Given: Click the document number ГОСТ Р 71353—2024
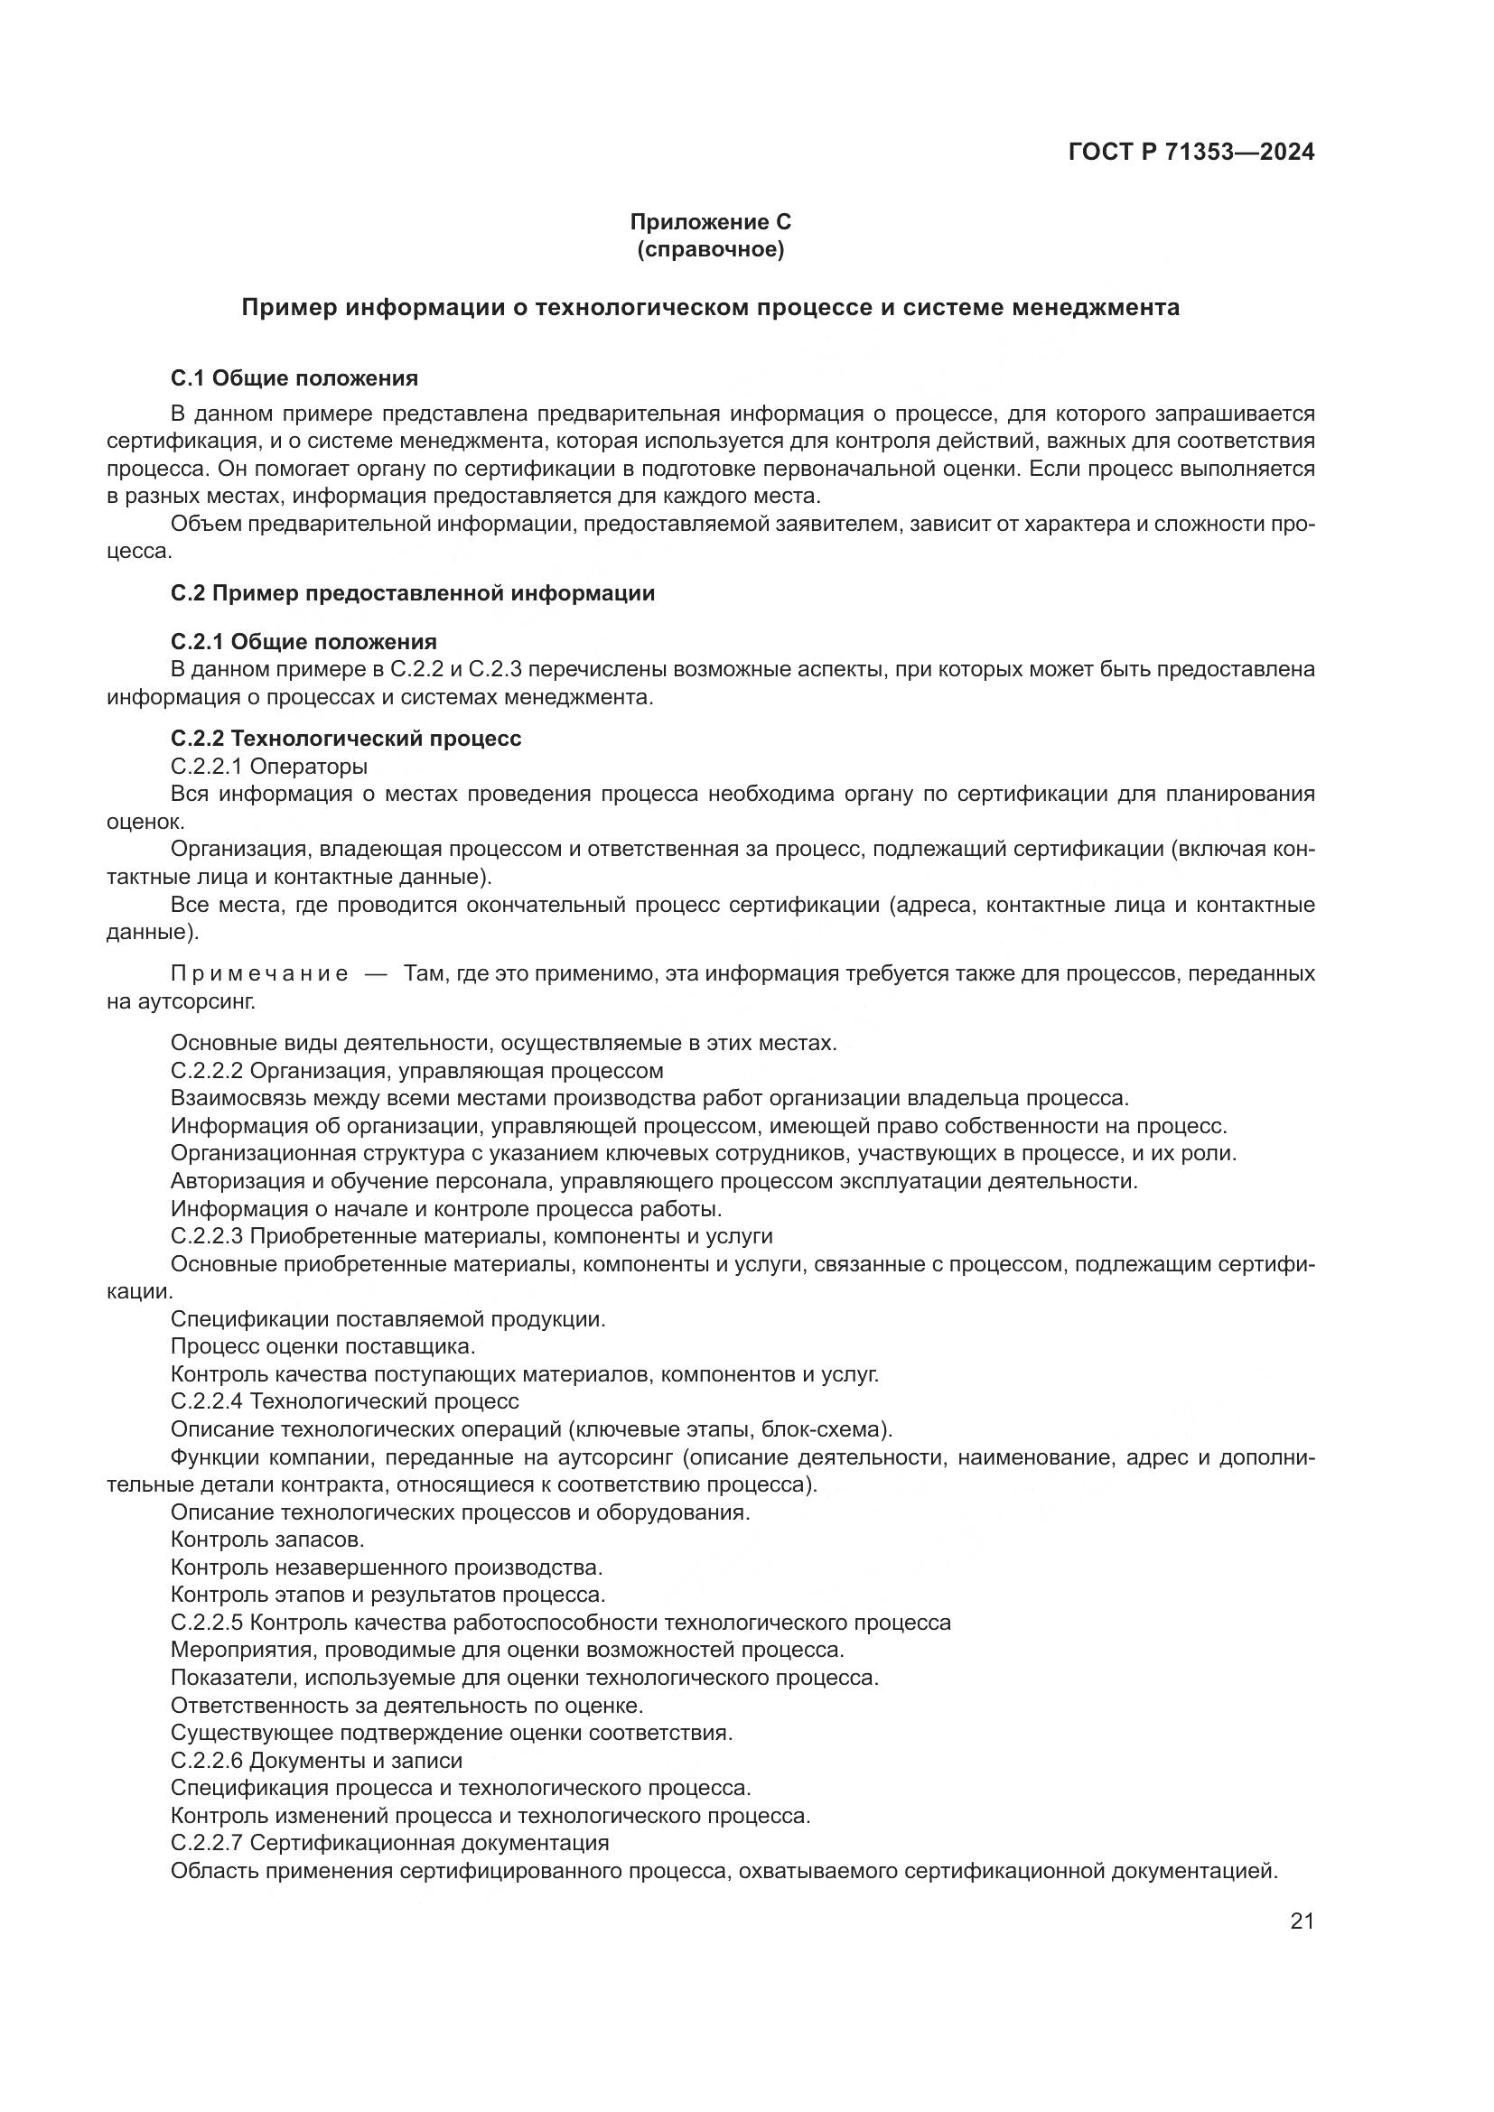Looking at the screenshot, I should pos(1191,152).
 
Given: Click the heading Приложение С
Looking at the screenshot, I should pos(710,222).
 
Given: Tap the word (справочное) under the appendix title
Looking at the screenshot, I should pos(710,249).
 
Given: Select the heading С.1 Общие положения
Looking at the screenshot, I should pos(294,378).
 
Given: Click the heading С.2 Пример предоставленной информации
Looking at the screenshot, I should pos(413,593).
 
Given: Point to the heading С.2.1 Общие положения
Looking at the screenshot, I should pos(303,641).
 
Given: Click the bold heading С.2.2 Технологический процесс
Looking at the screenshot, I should pos(346,739).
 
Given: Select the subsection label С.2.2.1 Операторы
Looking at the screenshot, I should pos(268,767).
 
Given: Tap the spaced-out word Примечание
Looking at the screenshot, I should pos(259,974).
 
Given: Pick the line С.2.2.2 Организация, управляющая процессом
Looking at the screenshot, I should pos(416,1071).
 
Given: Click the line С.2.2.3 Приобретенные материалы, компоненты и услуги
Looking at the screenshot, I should pos(471,1236).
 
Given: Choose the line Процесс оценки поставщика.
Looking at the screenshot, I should pos(322,1346).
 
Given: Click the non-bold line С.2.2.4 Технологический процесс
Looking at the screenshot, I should pos(345,1402).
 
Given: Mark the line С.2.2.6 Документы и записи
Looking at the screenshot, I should pos(316,1761).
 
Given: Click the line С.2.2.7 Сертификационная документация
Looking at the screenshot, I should pos(390,1844).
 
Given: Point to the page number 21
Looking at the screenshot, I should pos(1302,1921).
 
